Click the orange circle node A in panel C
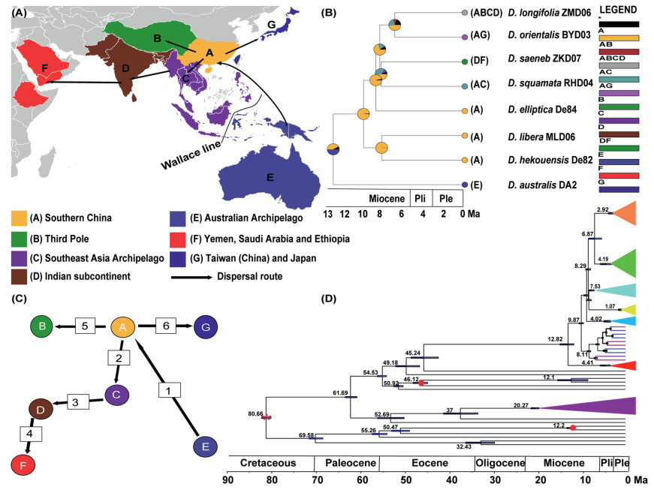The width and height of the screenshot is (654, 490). coord(123,327)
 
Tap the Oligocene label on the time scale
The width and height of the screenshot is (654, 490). coord(499,463)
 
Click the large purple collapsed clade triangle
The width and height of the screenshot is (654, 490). coord(601,405)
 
